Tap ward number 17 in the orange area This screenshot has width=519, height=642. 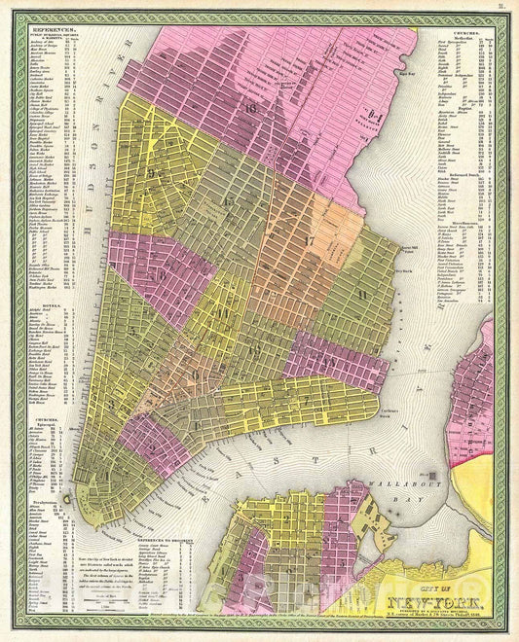310,240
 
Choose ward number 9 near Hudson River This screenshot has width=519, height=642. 154,172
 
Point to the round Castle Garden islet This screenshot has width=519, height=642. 65,498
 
